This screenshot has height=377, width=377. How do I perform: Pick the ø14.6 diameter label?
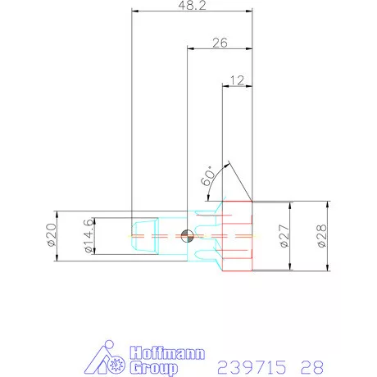tap(89, 236)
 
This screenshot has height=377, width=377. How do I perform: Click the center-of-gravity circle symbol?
tap(188, 236)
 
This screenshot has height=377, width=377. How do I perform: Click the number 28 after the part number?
tap(311, 366)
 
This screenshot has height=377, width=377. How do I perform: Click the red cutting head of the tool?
tap(238, 236)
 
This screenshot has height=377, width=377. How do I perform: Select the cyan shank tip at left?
tap(144, 236)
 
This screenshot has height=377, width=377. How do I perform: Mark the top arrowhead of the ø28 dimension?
tap(326, 204)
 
